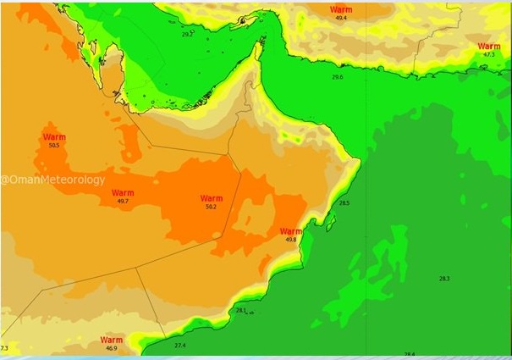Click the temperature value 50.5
pos(54,146)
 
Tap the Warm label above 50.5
pos(54,136)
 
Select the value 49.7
pos(123,201)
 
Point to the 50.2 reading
pos(212,207)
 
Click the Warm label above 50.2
pos(212,197)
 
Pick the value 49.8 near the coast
pos(291,240)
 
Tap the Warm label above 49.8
pos(291,230)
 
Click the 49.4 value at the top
pos(341,17)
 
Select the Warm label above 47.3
pos(489,46)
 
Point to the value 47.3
pos(489,54)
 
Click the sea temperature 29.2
pos(187,35)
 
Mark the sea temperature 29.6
pos(338,77)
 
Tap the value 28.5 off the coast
pos(344,203)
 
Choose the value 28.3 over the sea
pos(444,279)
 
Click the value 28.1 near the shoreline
pos(241,311)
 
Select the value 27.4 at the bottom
pos(179,346)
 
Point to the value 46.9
pos(112,348)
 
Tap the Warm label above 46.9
pos(112,339)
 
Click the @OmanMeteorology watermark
pos(53,180)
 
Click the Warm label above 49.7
pos(123,192)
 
